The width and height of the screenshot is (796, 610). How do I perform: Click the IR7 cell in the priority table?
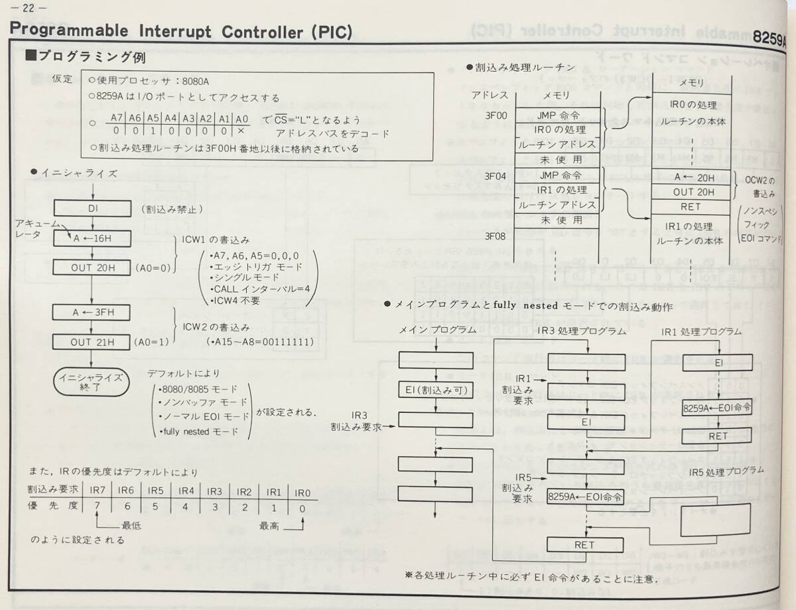pos(99,491)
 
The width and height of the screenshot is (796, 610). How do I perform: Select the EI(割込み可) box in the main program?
pos(435,390)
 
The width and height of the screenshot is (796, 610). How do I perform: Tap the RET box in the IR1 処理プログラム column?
pos(718,436)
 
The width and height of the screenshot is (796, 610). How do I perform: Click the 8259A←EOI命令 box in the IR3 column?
pos(586,496)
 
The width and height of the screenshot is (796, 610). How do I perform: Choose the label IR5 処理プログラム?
pos(726,471)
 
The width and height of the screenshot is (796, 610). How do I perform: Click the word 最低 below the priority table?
pos(131,525)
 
